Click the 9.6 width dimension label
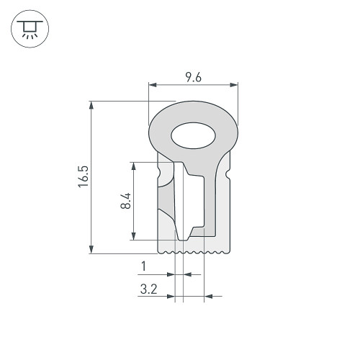click(194, 77)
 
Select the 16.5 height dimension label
click(84, 176)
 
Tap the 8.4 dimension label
click(126, 201)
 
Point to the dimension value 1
click(144, 266)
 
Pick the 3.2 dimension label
click(149, 289)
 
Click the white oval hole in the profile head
click(193, 135)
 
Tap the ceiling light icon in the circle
click(30, 30)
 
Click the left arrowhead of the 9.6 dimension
click(153, 85)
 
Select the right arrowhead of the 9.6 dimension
click(234, 85)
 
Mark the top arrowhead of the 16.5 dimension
click(91, 105)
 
